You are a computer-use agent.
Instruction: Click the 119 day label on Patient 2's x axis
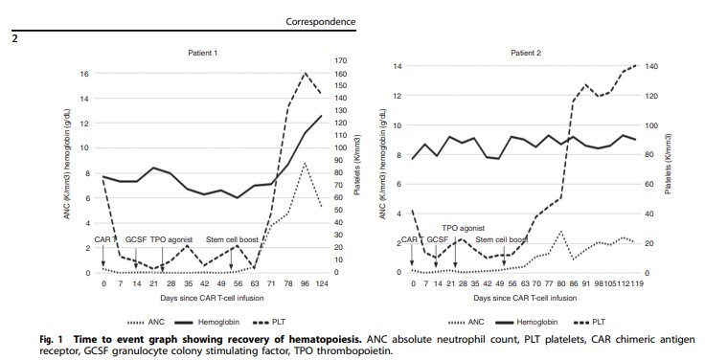(635, 284)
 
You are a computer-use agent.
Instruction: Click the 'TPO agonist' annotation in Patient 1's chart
(173, 238)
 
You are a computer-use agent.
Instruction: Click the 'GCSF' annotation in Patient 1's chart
(135, 238)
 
